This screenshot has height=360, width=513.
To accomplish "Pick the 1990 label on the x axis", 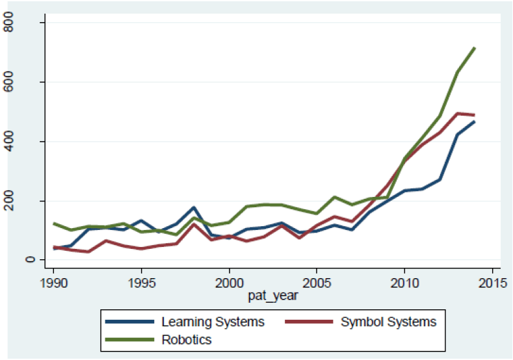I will tap(54, 285).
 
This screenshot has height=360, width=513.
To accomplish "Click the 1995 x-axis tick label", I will tap(141, 285).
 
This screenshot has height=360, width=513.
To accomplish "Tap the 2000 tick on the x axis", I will tap(229, 285).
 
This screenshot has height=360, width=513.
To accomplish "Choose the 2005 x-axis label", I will tap(316, 285).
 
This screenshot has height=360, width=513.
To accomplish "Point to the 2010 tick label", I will tap(404, 285).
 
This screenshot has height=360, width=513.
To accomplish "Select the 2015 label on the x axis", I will tap(491, 285).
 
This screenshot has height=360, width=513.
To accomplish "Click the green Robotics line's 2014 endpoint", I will tap(474, 49).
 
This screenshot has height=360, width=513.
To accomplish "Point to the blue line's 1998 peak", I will tap(194, 208).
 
